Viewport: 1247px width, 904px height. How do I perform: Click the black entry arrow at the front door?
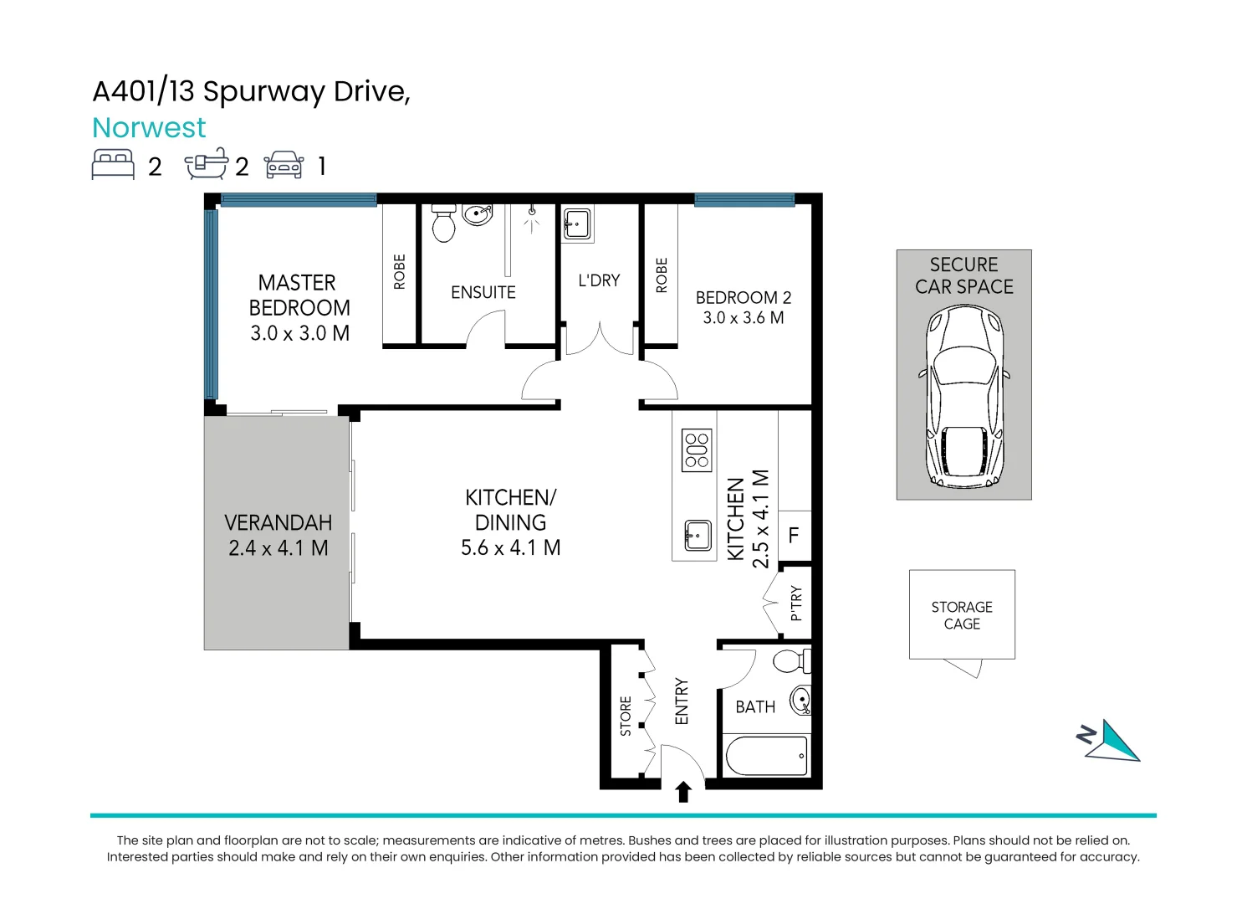[683, 791]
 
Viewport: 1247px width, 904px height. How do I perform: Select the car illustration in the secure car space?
[963, 396]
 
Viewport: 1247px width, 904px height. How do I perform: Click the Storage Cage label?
[962, 615]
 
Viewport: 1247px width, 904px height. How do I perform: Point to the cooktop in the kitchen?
[696, 450]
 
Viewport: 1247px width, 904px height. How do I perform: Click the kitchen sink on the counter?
[697, 535]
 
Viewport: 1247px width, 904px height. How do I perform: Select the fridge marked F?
[794, 536]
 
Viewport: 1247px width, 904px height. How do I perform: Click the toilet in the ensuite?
[444, 223]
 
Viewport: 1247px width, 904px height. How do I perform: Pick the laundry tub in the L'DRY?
[577, 225]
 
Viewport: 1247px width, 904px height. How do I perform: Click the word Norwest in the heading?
[149, 128]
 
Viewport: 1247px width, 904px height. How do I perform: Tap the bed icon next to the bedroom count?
[113, 164]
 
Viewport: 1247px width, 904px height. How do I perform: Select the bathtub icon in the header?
[206, 164]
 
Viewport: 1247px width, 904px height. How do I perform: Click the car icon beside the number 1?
[284, 165]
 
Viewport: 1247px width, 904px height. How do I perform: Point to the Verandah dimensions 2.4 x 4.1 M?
[279, 548]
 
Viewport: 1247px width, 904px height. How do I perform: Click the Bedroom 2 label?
[743, 298]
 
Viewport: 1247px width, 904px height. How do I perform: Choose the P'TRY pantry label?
[795, 604]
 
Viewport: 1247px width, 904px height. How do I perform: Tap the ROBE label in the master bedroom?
[400, 272]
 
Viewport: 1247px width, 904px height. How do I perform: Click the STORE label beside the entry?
[626, 716]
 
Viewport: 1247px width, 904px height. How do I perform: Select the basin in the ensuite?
[477, 215]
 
